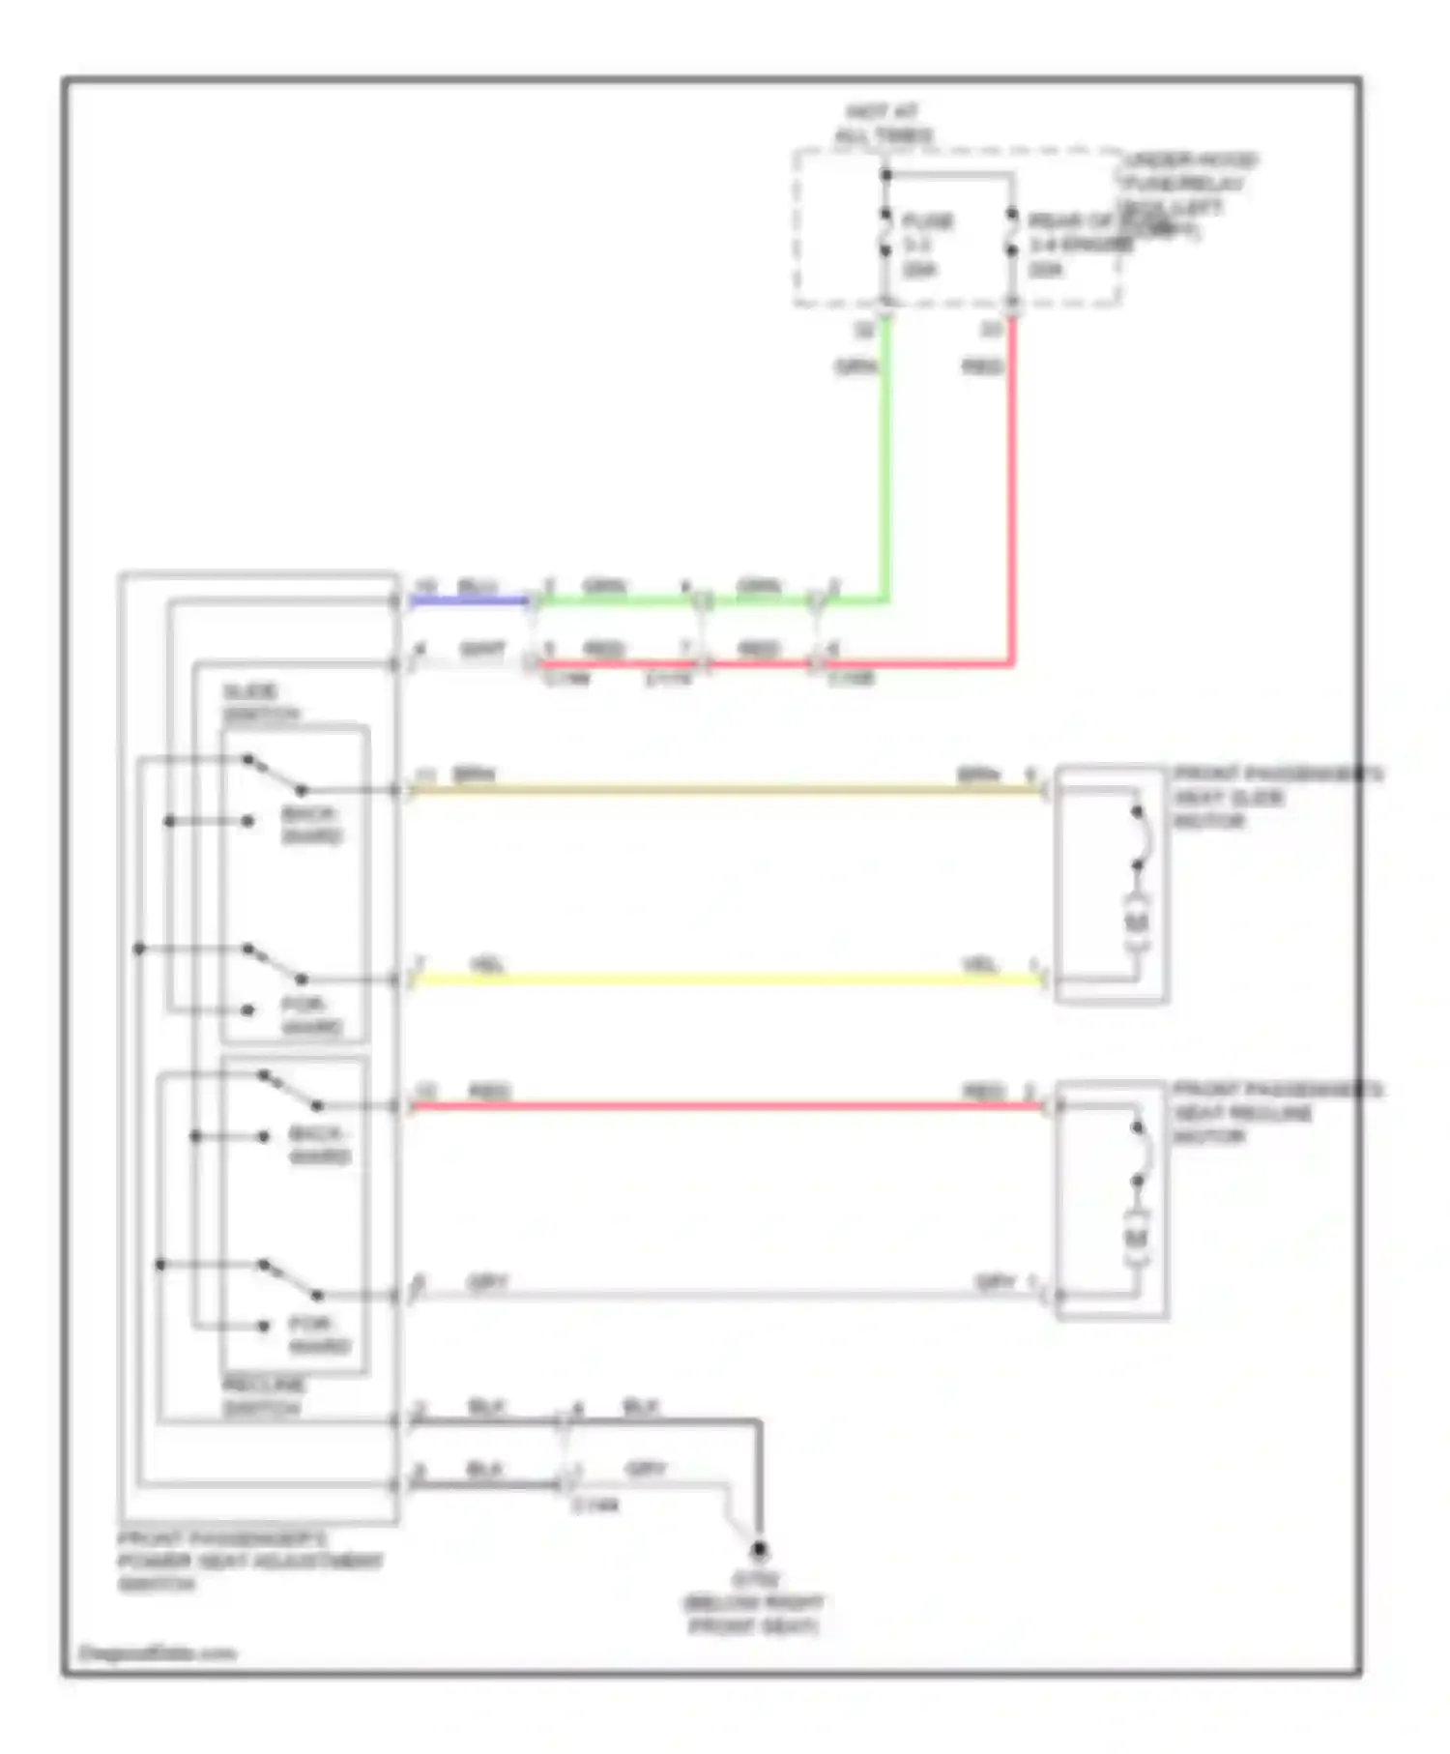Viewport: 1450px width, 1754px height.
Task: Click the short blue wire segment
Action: (469, 600)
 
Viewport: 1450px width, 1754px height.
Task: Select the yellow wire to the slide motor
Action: (725, 979)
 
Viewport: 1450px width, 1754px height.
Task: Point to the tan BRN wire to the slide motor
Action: (725, 790)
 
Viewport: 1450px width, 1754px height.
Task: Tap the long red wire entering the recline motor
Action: (725, 1105)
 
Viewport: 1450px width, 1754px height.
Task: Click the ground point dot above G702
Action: (760, 1549)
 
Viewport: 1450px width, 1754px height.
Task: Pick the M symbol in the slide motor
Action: (1137, 921)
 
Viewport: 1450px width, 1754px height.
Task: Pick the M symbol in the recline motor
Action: (1137, 1238)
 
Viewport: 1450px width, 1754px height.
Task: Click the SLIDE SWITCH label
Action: (260, 703)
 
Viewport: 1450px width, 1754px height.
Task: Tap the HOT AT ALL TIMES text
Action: (883, 124)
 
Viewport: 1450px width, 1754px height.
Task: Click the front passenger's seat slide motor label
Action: (1277, 798)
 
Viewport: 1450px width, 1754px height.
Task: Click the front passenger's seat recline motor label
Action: (1277, 1113)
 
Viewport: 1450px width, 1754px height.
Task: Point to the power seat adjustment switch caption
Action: (249, 1561)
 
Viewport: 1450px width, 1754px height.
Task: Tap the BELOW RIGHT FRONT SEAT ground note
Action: (754, 1615)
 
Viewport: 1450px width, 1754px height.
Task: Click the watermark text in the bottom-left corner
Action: (157, 1653)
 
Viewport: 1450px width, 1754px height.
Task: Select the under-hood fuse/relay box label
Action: (1187, 193)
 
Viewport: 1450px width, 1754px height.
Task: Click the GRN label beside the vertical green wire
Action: (856, 366)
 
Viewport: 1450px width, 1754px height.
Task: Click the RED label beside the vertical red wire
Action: (982, 366)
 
